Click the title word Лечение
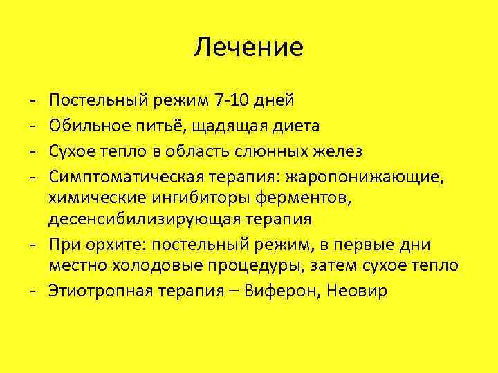[x=248, y=47]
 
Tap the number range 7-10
[x=232, y=100]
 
